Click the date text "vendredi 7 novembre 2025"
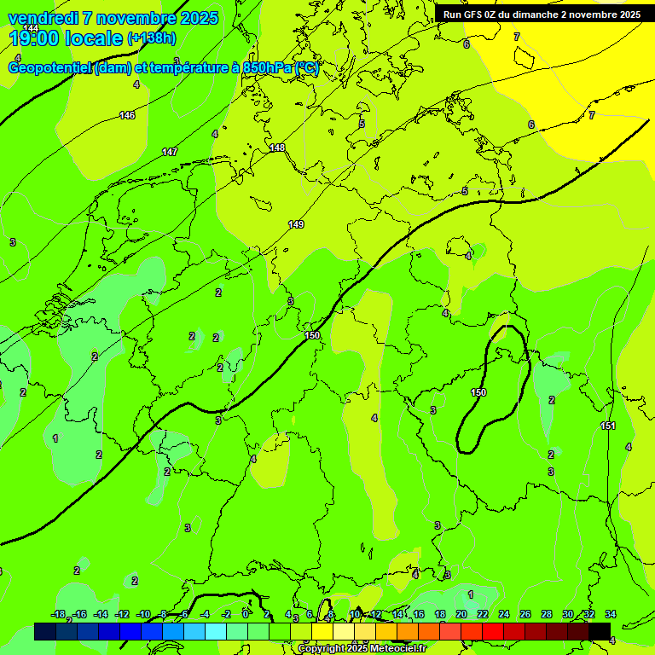(113, 18)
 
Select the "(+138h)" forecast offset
(151, 38)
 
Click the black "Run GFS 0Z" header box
(542, 14)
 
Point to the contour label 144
(31, 28)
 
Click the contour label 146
(127, 115)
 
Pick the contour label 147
(170, 152)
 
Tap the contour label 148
(277, 148)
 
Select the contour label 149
(296, 224)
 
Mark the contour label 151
(608, 426)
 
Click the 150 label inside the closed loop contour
(478, 392)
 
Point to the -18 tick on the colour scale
(58, 614)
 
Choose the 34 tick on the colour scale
(611, 614)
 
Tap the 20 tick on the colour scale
(461, 614)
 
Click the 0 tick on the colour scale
(246, 614)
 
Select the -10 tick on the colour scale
(143, 614)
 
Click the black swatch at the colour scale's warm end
(600, 631)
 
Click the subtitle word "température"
(186, 69)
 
